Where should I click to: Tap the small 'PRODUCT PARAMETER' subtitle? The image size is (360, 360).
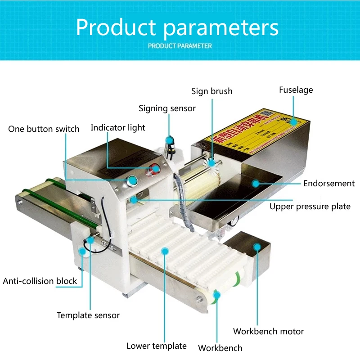click(x=180, y=45)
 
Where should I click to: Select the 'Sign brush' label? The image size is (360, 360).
click(x=211, y=91)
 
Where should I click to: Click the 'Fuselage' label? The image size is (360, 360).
click(x=296, y=90)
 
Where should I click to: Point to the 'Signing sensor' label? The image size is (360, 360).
click(x=167, y=108)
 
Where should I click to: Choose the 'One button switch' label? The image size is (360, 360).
click(x=44, y=129)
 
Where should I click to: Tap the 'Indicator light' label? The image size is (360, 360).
click(x=118, y=128)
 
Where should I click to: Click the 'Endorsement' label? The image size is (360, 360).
click(x=328, y=184)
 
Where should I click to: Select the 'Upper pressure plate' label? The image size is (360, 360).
click(x=310, y=207)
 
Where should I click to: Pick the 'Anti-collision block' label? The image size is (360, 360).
click(x=40, y=281)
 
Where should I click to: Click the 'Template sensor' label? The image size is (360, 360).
click(x=88, y=315)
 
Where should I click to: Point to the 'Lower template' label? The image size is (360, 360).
click(x=156, y=346)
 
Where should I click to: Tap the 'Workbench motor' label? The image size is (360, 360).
click(x=268, y=332)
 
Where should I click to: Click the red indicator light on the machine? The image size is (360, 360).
click(x=156, y=169)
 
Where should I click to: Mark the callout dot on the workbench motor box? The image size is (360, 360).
click(x=257, y=246)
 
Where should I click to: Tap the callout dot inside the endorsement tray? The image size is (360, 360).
click(x=255, y=183)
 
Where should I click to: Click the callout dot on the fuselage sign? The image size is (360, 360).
click(x=293, y=121)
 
